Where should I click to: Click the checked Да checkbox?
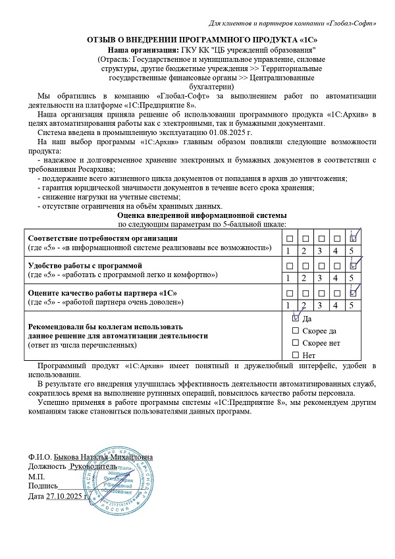click(294, 317)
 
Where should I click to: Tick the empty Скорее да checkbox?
click(294, 331)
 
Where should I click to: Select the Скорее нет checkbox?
click(294, 343)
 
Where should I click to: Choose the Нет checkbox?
click(294, 356)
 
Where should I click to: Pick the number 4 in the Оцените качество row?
click(336, 305)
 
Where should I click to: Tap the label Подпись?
click(43, 486)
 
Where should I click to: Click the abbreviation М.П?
click(36, 475)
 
